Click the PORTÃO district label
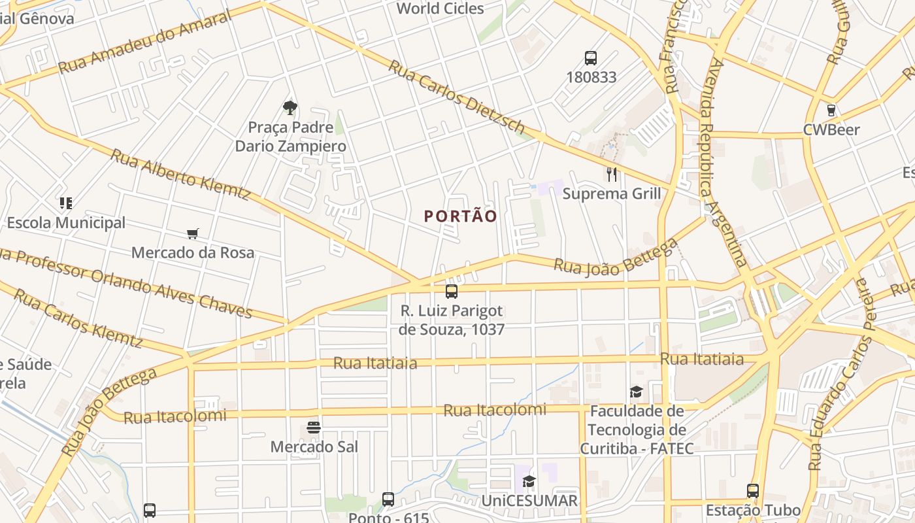click(461, 216)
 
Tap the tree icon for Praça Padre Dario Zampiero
click(290, 108)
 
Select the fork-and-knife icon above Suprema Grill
click(612, 174)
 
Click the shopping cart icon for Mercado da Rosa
click(193, 233)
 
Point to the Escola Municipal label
click(66, 223)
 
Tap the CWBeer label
click(831, 129)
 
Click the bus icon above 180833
click(591, 58)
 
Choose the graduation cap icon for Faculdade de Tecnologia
click(636, 392)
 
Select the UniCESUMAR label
click(529, 501)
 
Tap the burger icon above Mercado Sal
click(314, 428)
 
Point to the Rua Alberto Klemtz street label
click(180, 175)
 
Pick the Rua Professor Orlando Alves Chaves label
click(124, 282)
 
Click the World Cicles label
click(440, 8)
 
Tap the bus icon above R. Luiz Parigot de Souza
click(452, 292)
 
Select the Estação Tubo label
click(753, 510)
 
